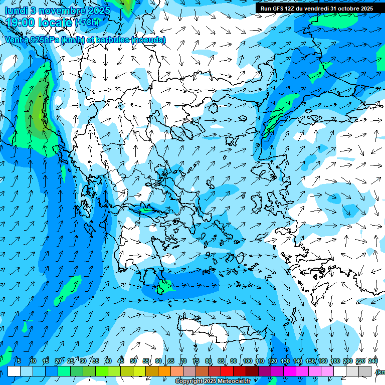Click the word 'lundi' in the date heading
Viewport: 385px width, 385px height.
point(16,10)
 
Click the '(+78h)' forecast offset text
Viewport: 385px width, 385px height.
point(87,23)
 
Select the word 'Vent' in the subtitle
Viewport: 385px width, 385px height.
point(13,40)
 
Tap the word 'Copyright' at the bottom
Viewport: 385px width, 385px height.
point(189,381)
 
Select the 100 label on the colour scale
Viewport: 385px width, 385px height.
point(247,361)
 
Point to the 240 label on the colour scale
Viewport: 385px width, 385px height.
point(373,361)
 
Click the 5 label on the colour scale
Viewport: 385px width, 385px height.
point(19,361)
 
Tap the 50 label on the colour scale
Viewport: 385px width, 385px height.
point(133,361)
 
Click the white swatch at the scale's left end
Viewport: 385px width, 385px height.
point(14,371)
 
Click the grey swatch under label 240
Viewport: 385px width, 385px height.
point(365,371)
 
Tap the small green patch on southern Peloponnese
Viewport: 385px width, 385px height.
point(162,288)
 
